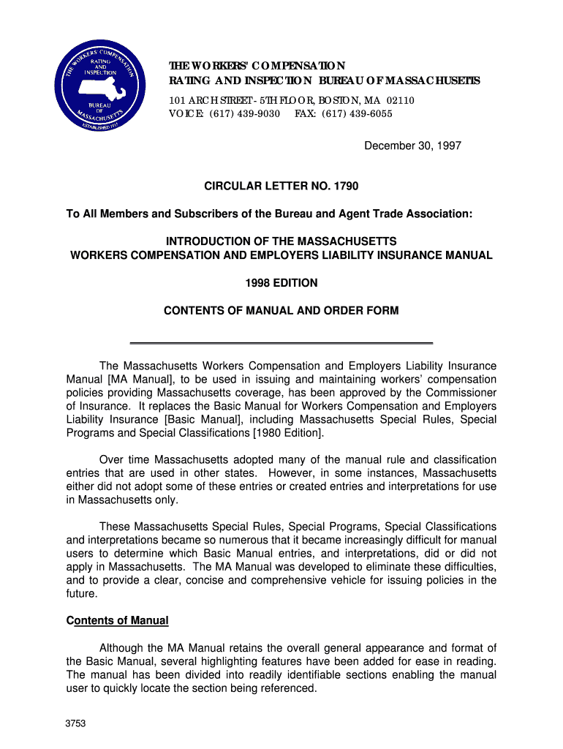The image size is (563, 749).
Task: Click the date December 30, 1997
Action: click(x=413, y=146)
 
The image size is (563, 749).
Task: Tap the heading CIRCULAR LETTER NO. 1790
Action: click(x=281, y=187)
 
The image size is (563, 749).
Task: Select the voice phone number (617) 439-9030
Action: click(x=244, y=114)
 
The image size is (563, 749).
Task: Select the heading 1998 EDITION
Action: click(x=281, y=283)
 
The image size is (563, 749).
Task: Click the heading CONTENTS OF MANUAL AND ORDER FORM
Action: click(x=281, y=310)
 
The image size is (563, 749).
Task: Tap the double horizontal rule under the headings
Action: click(x=281, y=342)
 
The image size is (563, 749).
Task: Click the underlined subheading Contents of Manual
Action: click(x=118, y=621)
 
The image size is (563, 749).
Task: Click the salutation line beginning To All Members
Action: click(x=270, y=214)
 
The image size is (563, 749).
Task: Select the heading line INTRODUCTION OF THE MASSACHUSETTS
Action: click(x=281, y=241)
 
